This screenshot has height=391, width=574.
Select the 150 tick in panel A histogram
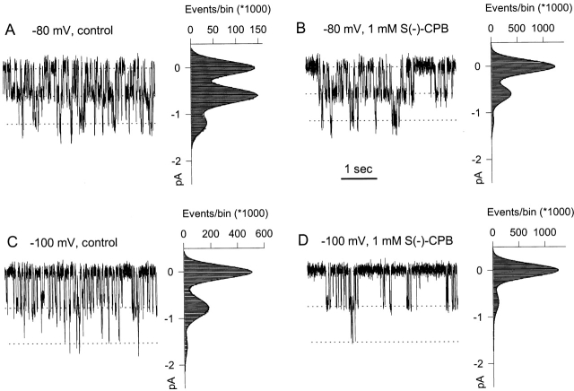[x=257, y=29]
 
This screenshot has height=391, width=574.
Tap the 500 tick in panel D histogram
[x=517, y=233]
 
